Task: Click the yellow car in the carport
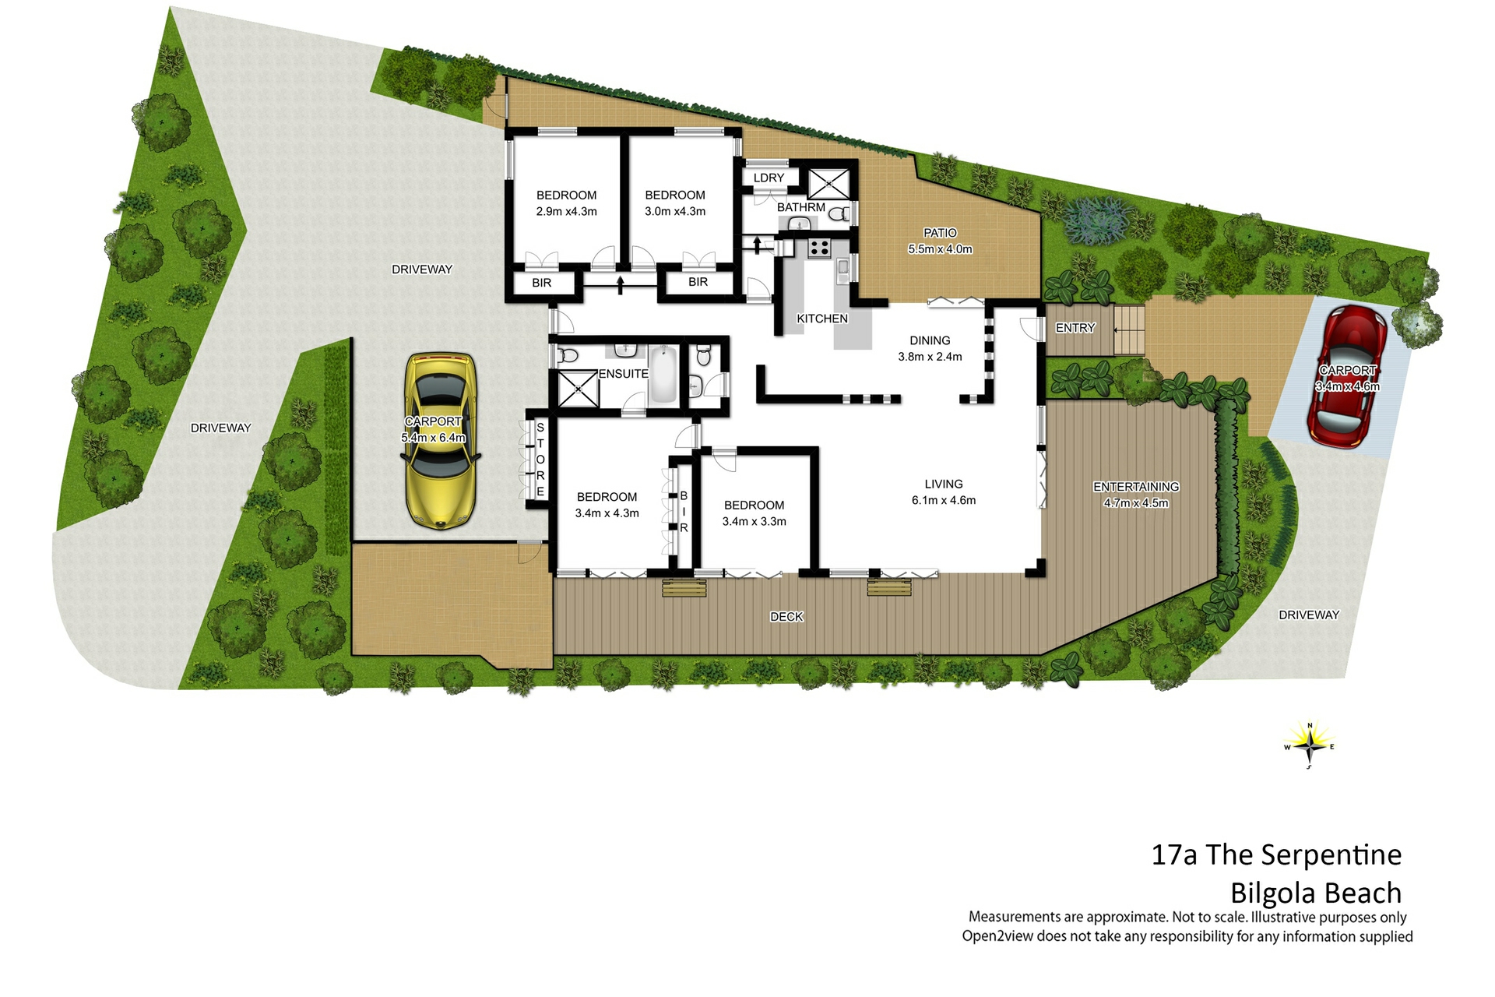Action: tap(440, 441)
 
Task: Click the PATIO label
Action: tap(940, 233)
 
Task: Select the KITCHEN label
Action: tap(822, 319)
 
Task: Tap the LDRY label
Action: tap(769, 178)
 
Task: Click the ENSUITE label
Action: tap(623, 374)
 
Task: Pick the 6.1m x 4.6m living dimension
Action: tap(944, 501)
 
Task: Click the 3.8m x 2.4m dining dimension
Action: tap(930, 357)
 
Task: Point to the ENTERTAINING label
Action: tap(1136, 487)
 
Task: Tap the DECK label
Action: tap(786, 617)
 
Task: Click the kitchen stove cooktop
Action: tap(818, 248)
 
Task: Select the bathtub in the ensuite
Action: tap(663, 375)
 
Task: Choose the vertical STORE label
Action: tap(540, 460)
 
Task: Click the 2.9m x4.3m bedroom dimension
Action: tap(566, 212)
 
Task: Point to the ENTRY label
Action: tap(1075, 328)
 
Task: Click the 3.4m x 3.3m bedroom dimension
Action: tap(754, 522)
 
